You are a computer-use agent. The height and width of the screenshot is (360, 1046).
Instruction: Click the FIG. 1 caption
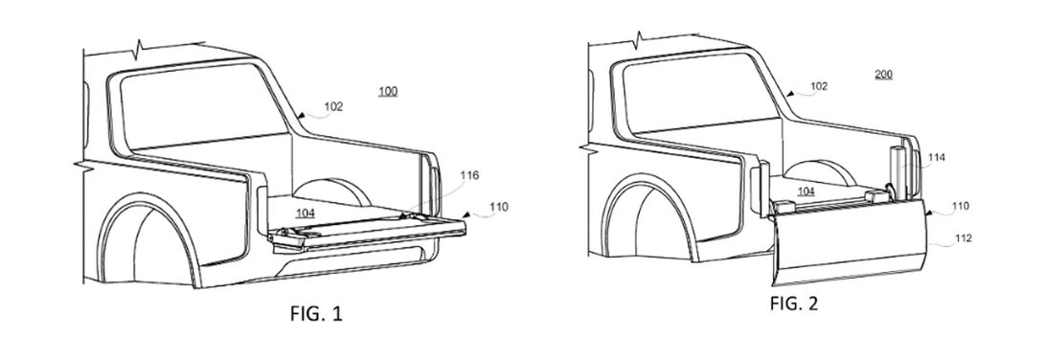(316, 313)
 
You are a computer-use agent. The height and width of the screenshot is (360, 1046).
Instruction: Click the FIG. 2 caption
(794, 304)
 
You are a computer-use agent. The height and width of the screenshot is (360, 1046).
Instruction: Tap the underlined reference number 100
(388, 91)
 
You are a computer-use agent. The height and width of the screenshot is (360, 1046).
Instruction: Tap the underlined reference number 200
(884, 74)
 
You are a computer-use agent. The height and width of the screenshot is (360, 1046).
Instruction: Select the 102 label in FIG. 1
(333, 106)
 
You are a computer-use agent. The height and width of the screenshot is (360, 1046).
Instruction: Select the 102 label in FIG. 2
(819, 86)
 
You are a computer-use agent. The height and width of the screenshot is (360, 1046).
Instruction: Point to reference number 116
(469, 175)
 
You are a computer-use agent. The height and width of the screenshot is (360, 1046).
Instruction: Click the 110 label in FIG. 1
(498, 207)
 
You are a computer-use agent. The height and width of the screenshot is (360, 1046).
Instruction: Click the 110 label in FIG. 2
(962, 206)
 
